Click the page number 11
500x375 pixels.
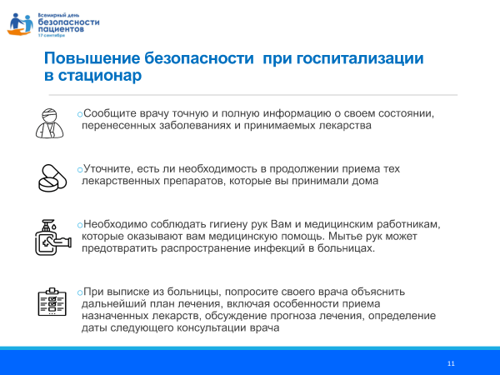point(451,363)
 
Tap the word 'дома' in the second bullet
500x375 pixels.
point(364,180)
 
